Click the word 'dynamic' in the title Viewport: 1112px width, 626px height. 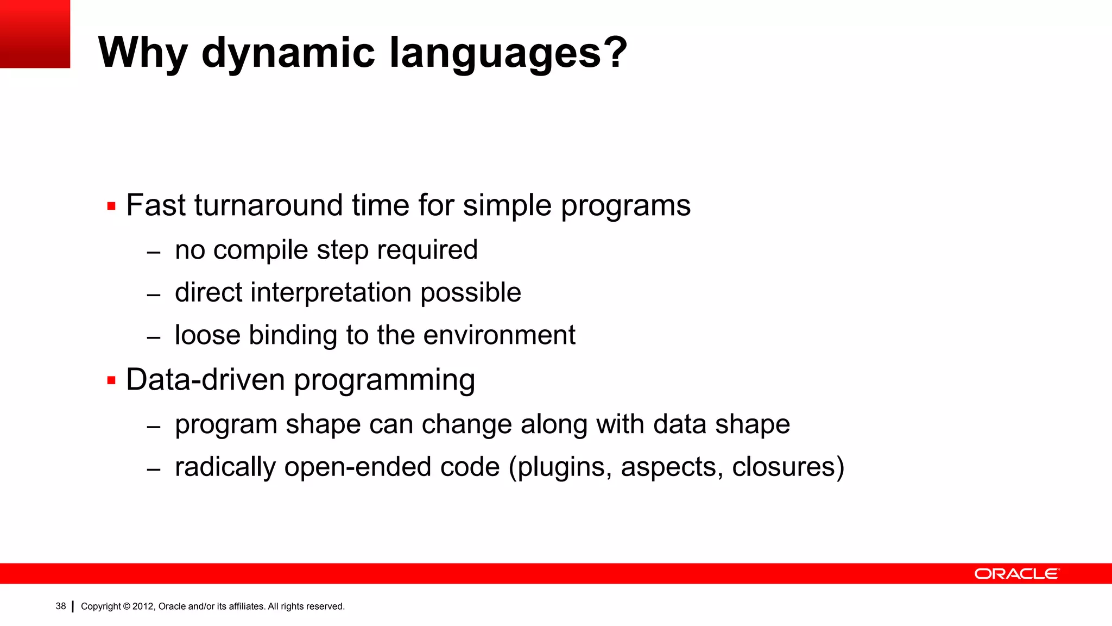pyautogui.click(x=288, y=53)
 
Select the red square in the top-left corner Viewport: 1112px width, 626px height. pyautogui.click(x=35, y=34)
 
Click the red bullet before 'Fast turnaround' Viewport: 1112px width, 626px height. pyautogui.click(x=111, y=206)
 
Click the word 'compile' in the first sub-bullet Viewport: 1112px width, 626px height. pyautogui.click(x=261, y=251)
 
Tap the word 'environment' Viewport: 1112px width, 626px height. pyautogui.click(x=499, y=335)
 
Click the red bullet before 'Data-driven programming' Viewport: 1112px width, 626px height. pyautogui.click(x=111, y=380)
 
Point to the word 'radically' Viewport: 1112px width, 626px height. pyautogui.click(x=225, y=467)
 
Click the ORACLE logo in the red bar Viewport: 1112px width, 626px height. pyautogui.click(x=1016, y=574)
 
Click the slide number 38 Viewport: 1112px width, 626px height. pyautogui.click(x=60, y=606)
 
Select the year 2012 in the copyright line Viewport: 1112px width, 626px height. pyautogui.click(x=143, y=606)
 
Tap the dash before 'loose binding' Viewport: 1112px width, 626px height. pyautogui.click(x=154, y=337)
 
